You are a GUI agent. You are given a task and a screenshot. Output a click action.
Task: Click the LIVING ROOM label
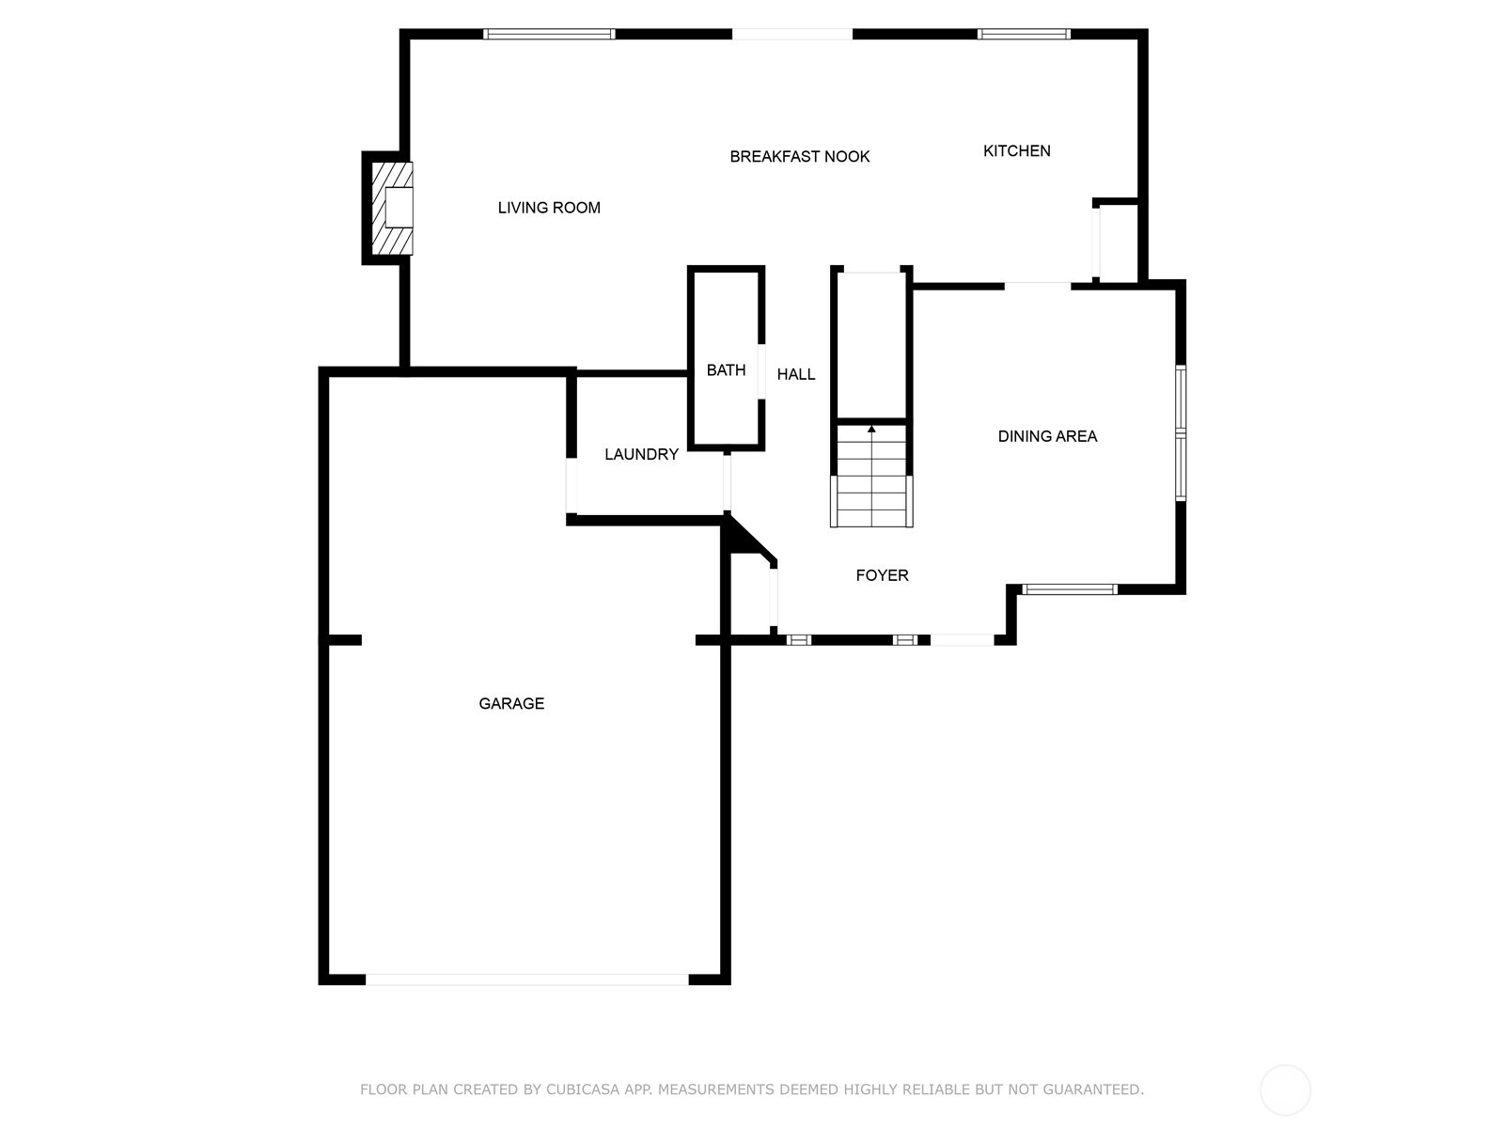point(549,208)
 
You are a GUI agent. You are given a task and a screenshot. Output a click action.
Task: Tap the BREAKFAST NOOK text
point(800,157)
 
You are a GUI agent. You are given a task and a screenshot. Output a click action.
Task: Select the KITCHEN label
point(1017,150)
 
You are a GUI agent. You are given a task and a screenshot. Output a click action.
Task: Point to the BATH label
point(727,370)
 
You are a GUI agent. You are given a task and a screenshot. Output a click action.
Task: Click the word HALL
point(796,375)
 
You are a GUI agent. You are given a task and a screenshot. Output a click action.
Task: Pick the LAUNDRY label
point(641,454)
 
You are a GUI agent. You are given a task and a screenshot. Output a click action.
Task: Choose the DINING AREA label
point(1048,436)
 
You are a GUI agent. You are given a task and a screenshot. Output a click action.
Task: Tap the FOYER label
point(883,575)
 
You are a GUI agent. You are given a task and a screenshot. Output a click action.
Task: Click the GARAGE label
point(511,703)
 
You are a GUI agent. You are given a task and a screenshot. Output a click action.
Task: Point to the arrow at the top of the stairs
point(871,430)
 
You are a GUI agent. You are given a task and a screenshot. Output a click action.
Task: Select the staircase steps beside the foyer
point(871,476)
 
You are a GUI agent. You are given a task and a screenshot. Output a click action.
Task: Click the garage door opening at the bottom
point(527,979)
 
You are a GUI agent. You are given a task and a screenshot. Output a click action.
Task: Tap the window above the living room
point(549,34)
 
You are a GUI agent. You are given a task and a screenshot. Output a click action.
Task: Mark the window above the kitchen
point(1024,34)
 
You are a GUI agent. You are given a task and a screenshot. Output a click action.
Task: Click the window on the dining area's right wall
point(1181,432)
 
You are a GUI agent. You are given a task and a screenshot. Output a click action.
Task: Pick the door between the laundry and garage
point(571,485)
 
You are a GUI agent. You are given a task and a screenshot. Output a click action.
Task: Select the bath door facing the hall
point(761,371)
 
